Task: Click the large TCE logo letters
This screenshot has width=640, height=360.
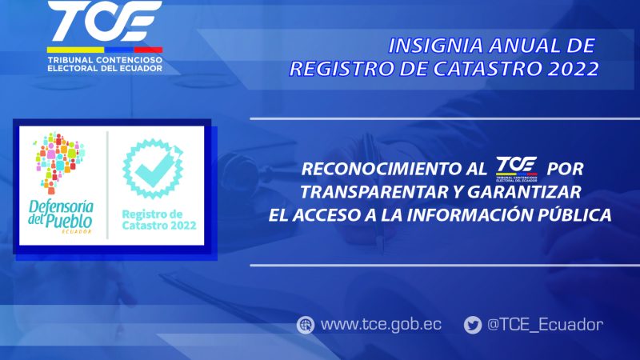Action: [105, 21]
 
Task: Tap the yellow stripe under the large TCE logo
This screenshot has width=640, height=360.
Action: [75, 50]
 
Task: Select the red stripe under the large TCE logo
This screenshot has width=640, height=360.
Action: [148, 50]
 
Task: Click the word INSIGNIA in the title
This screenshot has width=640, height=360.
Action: [435, 46]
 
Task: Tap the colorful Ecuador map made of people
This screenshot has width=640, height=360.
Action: [59, 162]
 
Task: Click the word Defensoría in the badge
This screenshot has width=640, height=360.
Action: [61, 207]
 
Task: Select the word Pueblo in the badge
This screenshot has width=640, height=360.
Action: [69, 222]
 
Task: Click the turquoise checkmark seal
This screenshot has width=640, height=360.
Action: [153, 169]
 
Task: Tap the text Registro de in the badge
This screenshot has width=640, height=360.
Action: [152, 214]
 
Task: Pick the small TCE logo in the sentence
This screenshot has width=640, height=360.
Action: [516, 169]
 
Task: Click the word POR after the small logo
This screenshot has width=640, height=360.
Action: [566, 169]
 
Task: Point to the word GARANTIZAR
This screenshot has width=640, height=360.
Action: [524, 192]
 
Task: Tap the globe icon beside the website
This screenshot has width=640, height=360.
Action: [306, 326]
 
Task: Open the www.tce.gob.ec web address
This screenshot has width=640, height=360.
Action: [381, 325]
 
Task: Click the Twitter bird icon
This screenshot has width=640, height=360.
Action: [473, 326]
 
